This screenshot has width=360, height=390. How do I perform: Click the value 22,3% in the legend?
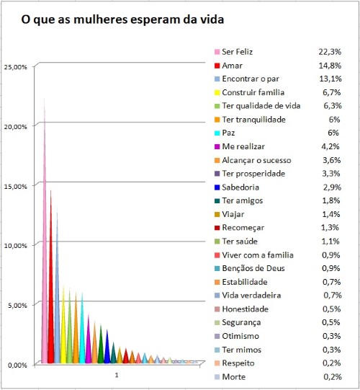pos(330,52)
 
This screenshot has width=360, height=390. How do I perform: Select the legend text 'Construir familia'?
pos(254,92)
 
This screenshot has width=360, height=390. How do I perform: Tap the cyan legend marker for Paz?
pos(217,133)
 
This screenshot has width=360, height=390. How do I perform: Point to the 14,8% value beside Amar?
pos(330,66)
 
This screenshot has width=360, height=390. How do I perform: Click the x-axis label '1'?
pos(116,376)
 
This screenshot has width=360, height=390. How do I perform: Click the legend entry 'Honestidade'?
pos(246,309)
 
